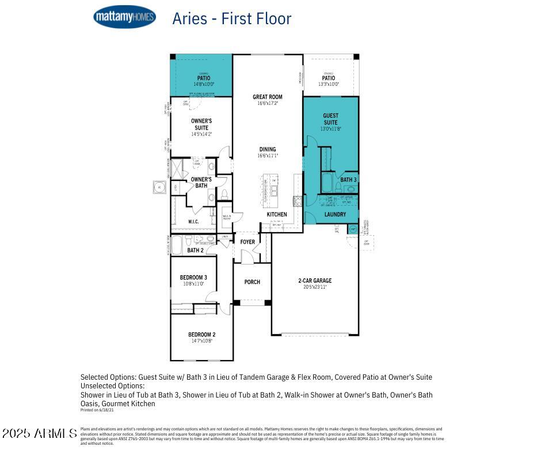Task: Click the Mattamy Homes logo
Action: point(124,17)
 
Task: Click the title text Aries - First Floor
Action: point(231,18)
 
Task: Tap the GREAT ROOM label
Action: point(267,97)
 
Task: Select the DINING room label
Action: point(267,149)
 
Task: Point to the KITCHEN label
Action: point(277,214)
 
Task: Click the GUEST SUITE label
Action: point(330,119)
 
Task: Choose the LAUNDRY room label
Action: point(335,214)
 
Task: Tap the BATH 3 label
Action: point(348,180)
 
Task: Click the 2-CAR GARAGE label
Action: point(315,281)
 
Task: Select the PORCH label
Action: point(252,282)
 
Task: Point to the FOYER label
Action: point(247,242)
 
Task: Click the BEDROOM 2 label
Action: point(201,335)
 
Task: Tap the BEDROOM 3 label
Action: point(193,278)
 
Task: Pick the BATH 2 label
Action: point(195,250)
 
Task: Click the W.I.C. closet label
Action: point(193,221)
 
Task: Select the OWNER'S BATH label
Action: point(201,182)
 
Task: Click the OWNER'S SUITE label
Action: point(201,124)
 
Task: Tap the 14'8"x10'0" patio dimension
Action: point(204,84)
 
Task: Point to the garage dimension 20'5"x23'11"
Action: point(315,287)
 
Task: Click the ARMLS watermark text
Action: point(39,433)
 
